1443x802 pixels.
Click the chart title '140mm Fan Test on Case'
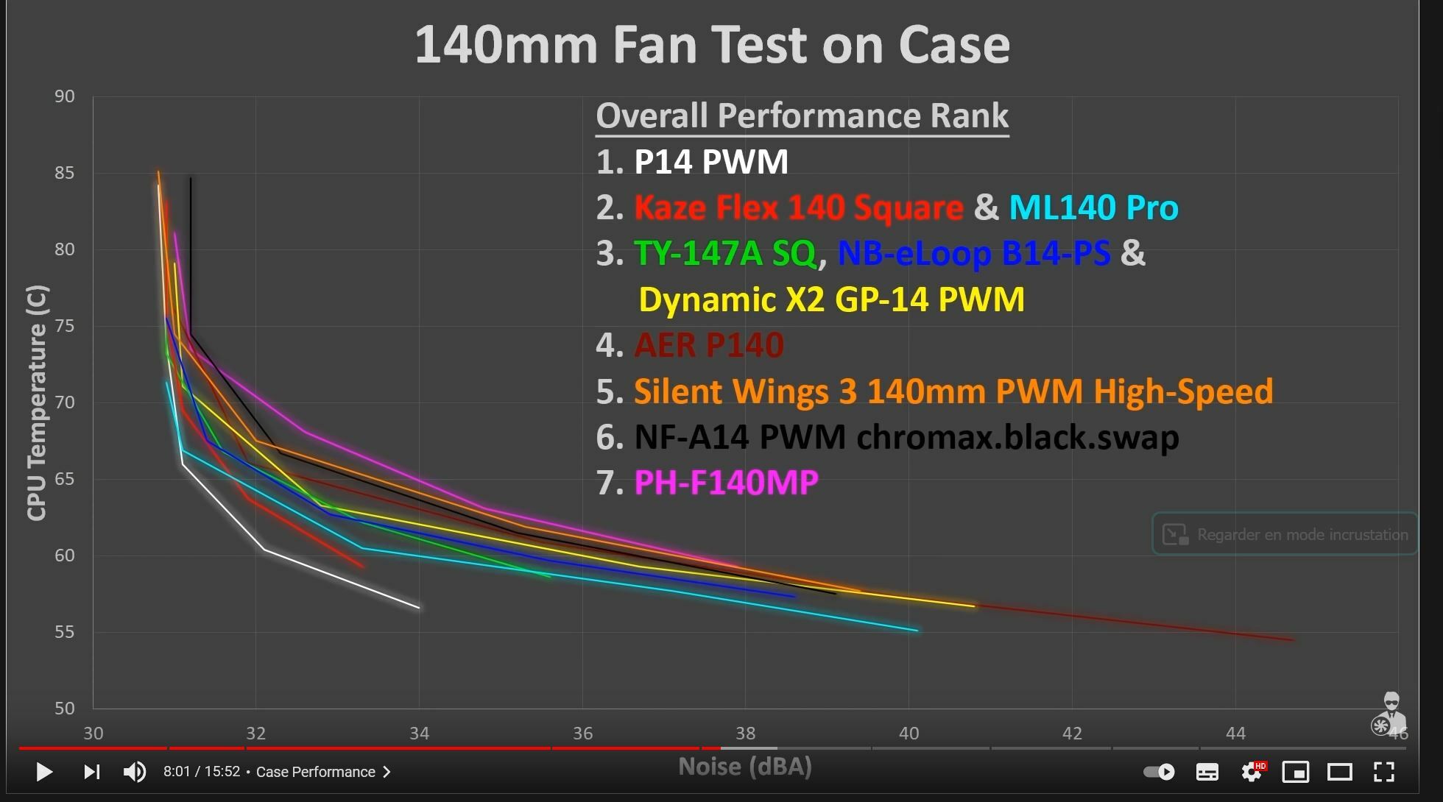pos(712,46)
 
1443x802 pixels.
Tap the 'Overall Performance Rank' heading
pos(802,116)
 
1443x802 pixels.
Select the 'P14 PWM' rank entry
pos(710,162)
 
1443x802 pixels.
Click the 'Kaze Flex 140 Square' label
pos(799,207)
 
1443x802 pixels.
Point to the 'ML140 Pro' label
pos(1093,207)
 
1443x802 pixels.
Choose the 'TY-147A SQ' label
pos(725,254)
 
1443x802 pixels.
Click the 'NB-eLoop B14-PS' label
pos(973,254)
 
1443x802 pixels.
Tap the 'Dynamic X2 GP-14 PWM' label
pos(831,299)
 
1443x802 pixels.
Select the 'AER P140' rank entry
pos(708,345)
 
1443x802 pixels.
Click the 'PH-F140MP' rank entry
pos(726,483)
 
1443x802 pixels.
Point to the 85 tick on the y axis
pos(65,173)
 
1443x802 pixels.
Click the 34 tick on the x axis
pos(419,734)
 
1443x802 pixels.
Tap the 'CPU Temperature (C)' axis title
pos(37,402)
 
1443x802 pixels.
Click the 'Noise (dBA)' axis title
pos(744,767)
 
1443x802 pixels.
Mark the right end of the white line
pos(419,608)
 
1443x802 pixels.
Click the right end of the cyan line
pos(917,631)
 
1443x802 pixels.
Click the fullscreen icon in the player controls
pos(1384,772)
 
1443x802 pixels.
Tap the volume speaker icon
pos(134,772)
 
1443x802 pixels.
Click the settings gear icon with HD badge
pos(1251,772)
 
